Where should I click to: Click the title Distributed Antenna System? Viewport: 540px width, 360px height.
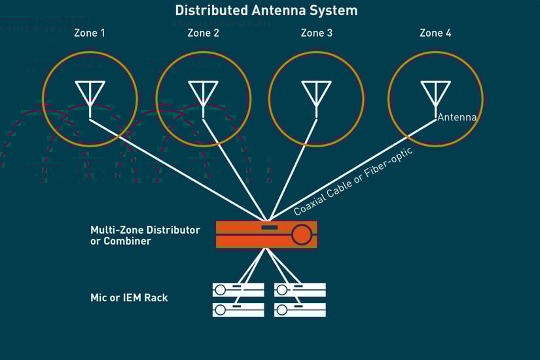pyautogui.click(x=266, y=10)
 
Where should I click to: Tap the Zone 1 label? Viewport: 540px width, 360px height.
pyautogui.click(x=89, y=33)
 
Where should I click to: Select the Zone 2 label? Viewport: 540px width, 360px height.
pyautogui.click(x=203, y=33)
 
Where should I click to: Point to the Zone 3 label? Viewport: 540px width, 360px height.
pyautogui.click(x=316, y=33)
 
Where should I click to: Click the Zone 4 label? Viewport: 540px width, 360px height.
pyautogui.click(x=435, y=33)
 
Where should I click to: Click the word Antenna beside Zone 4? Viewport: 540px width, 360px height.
pyautogui.click(x=457, y=118)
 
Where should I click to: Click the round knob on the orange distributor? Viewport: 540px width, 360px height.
pyautogui.click(x=301, y=234)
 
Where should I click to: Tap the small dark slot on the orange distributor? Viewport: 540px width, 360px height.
pyautogui.click(x=269, y=228)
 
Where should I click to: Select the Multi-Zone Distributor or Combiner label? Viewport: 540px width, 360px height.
pyautogui.click(x=144, y=236)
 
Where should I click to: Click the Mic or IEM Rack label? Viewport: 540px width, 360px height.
pyautogui.click(x=129, y=298)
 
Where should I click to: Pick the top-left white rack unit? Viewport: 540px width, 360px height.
pyautogui.click(x=238, y=289)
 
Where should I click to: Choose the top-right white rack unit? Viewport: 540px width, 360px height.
pyautogui.click(x=300, y=289)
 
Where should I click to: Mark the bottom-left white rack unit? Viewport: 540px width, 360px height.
pyautogui.click(x=238, y=310)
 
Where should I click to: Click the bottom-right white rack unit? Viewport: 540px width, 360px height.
pyautogui.click(x=300, y=310)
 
